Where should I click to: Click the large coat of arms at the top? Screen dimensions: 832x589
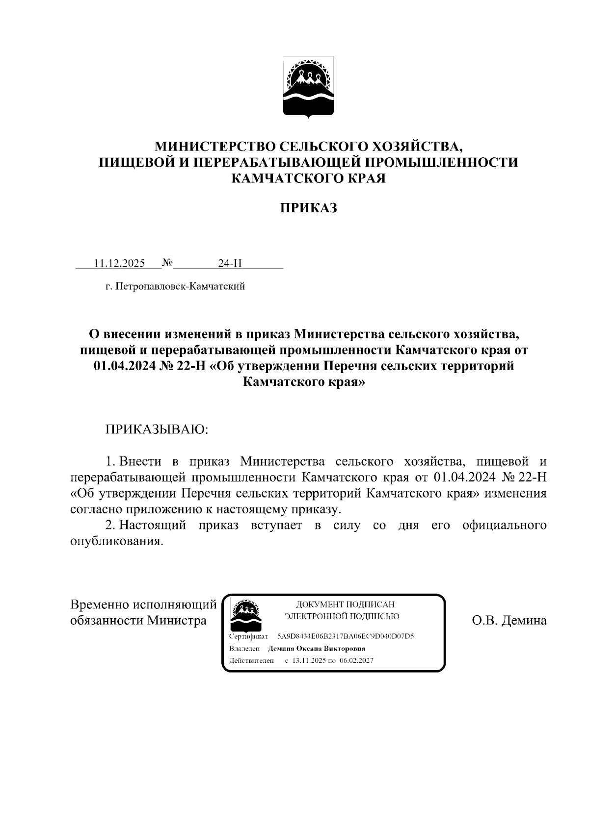click(308, 87)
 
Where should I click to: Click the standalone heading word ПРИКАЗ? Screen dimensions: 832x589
click(308, 208)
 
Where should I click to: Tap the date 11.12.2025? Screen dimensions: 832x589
click(119, 263)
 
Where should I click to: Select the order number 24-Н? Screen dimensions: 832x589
click(230, 263)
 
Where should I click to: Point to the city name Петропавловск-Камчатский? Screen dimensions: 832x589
click(180, 286)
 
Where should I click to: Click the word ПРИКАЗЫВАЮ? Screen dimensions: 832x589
click(157, 429)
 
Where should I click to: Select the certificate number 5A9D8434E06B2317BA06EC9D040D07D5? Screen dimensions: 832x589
click(346, 636)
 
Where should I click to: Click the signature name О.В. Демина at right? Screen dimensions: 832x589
click(509, 620)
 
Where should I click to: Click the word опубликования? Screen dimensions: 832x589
click(116, 541)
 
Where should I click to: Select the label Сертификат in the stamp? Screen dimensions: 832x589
click(248, 636)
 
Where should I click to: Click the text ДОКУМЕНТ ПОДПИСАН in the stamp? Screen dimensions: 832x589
click(345, 604)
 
